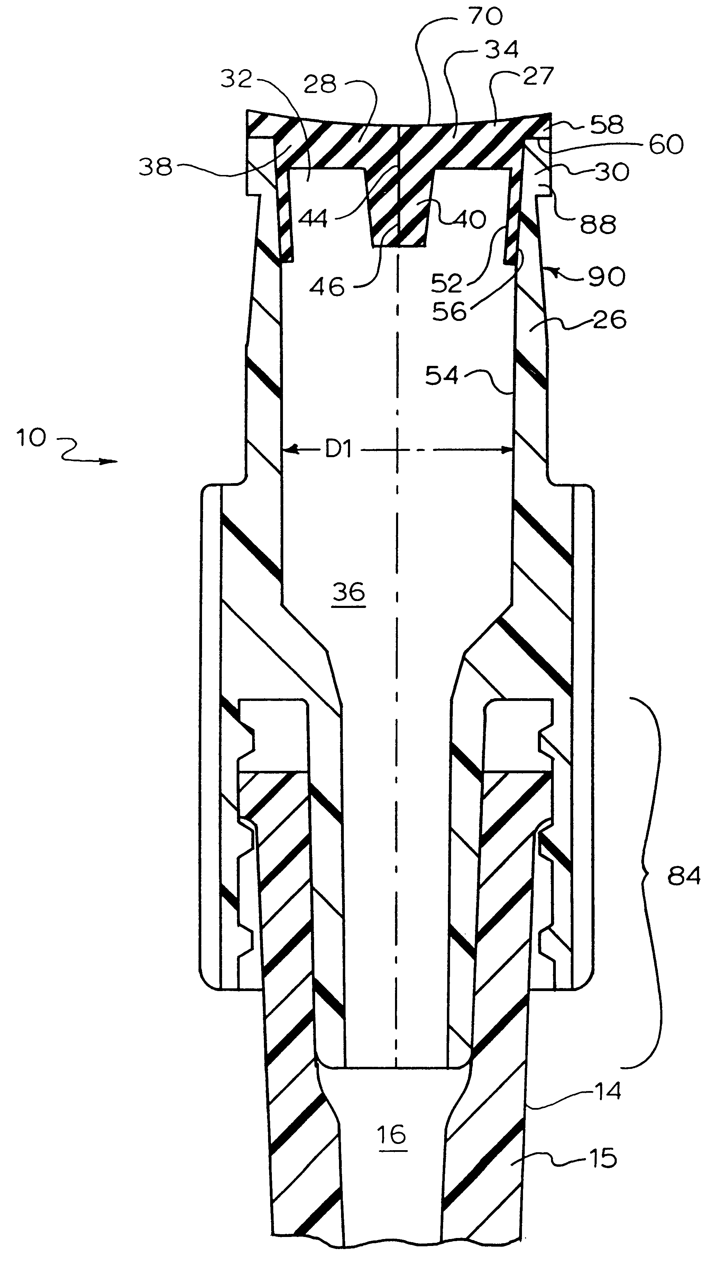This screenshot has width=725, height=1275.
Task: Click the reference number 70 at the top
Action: tap(486, 17)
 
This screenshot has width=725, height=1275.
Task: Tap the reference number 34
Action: tap(502, 49)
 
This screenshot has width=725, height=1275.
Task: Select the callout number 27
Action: tap(538, 76)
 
